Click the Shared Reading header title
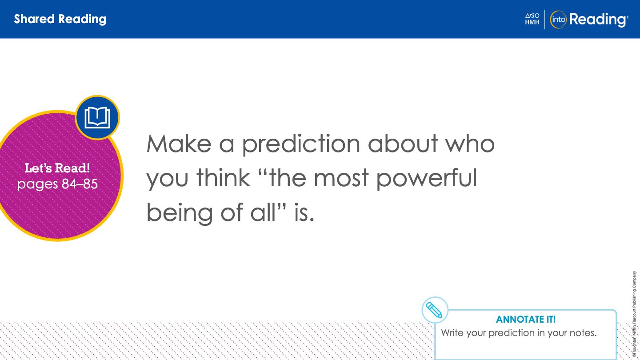(60, 19)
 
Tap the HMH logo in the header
(532, 19)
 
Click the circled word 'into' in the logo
(558, 20)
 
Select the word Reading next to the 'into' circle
(598, 20)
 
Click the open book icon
(97, 117)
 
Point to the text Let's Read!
(57, 168)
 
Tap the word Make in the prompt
(179, 144)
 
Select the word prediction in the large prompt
(301, 144)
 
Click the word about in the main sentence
(403, 143)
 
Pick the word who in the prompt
(470, 143)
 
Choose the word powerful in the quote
(427, 179)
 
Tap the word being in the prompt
(180, 213)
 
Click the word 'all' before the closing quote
(263, 212)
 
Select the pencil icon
(435, 310)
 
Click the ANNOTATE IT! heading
(526, 320)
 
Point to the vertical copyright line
(634, 314)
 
